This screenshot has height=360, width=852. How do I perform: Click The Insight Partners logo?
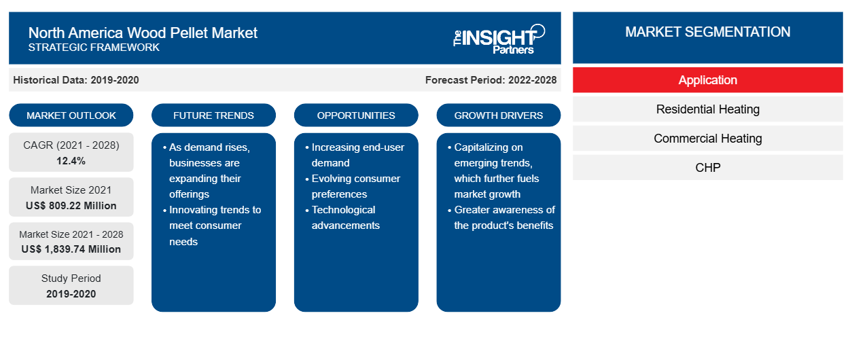coord(499,39)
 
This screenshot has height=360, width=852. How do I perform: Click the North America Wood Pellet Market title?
coord(143,33)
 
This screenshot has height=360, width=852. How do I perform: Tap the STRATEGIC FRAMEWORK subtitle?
coord(94,48)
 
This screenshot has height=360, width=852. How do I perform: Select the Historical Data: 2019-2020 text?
coord(76,80)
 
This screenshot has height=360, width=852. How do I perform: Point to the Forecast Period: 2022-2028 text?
coord(491,80)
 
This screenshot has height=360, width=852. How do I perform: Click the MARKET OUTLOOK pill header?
coord(71,115)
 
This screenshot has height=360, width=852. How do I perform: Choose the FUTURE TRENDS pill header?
coord(213,115)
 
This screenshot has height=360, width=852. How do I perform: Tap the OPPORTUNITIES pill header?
coord(356,115)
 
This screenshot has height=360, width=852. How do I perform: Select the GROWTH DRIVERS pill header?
coord(498,115)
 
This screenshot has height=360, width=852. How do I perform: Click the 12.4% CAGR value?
coord(71,161)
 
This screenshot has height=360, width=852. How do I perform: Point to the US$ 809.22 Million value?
coord(71,206)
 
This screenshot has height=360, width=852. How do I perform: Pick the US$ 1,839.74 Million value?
coord(71,249)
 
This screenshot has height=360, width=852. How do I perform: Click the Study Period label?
coord(71,278)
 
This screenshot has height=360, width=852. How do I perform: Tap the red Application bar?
coord(708,80)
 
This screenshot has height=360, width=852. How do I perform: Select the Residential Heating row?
coord(708,109)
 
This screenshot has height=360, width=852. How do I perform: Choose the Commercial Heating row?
coord(708,139)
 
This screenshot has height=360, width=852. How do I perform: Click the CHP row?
coord(708,168)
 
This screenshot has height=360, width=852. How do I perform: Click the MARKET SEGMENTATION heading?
coord(708,32)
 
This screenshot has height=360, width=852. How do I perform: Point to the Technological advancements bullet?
coord(342,218)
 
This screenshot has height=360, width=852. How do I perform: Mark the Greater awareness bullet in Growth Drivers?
coord(501,218)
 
